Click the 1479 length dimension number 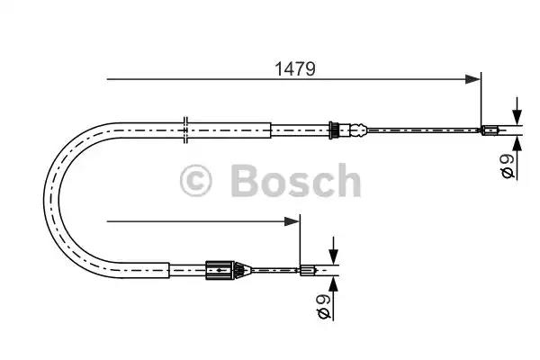coord(295,69)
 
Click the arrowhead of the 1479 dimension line coord(472,79)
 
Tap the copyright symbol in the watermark coord(195,181)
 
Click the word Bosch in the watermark coord(296,180)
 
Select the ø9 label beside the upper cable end coord(508,166)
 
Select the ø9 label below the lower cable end coord(324,306)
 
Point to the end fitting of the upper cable coord(490,130)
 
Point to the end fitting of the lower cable coord(308,270)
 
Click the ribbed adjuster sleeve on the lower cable coord(220,270)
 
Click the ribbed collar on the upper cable coord(333,130)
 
